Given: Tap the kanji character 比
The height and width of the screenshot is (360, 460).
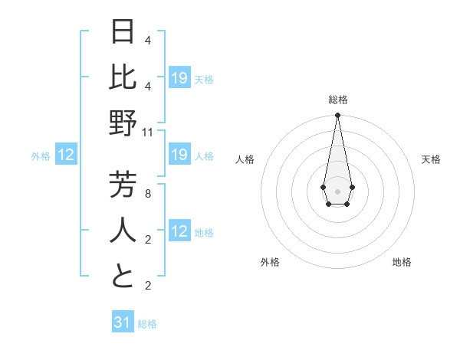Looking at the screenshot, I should click(123, 77).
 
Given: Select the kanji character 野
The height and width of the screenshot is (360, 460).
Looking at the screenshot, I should click(123, 122).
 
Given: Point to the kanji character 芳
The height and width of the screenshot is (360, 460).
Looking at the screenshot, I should click(123, 184).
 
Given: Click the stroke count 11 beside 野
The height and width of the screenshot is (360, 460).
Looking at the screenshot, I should click(148, 132).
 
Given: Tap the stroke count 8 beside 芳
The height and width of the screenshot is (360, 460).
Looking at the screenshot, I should click(148, 194).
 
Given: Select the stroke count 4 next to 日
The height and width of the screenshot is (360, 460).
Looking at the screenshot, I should click(148, 40).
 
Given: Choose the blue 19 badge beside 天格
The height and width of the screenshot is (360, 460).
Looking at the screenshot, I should click(179, 77).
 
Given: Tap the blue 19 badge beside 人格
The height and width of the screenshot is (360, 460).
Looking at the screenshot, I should click(179, 155).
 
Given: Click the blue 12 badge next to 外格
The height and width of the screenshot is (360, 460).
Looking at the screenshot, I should click(66, 155).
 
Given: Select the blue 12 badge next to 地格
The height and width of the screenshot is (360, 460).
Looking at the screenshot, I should click(179, 232).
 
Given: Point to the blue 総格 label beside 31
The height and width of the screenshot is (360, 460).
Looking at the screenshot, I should click(147, 324).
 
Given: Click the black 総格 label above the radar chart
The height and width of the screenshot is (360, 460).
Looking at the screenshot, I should click(337, 100).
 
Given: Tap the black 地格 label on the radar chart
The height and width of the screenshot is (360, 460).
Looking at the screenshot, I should click(402, 262).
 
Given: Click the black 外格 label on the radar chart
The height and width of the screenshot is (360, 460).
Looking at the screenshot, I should click(270, 262).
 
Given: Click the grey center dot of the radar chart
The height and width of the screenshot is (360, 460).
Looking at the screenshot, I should click(337, 191).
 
